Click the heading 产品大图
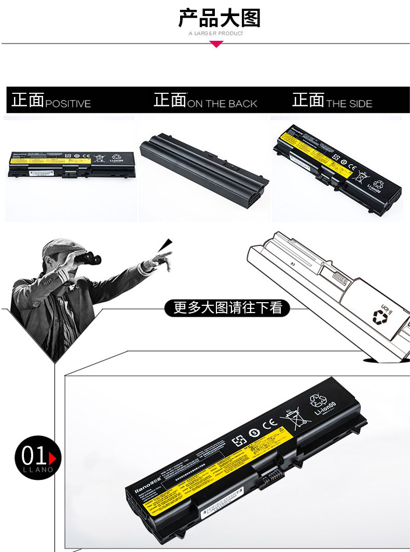tap(219, 19)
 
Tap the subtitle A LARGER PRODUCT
tap(216, 34)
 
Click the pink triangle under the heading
tap(216, 44)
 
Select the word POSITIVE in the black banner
tap(68, 104)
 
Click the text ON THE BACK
tap(222, 104)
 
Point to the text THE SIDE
tap(349, 104)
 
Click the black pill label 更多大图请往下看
tap(228, 308)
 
